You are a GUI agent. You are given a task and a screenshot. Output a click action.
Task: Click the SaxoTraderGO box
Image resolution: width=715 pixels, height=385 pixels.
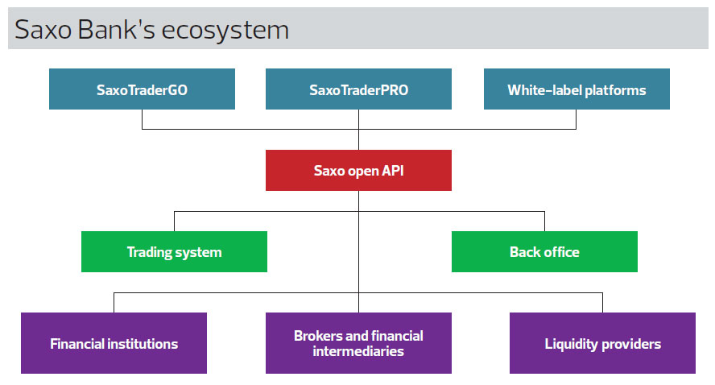pos(142,89)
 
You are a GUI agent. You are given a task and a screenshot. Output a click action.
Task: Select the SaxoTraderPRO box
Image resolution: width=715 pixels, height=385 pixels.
pos(358,89)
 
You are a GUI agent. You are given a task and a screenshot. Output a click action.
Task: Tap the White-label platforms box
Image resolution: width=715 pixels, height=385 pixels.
pos(577,89)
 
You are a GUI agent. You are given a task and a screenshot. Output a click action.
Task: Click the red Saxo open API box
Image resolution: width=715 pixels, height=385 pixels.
pos(358,170)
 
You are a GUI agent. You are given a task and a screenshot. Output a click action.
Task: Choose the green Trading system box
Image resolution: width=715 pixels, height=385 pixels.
pos(174,252)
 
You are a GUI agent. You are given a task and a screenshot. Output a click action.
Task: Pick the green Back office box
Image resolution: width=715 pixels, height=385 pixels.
pos(544,252)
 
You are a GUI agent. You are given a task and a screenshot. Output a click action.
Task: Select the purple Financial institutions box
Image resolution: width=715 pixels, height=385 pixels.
pos(114,343)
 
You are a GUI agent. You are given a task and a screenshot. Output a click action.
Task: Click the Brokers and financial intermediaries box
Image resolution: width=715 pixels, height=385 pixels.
pos(358,343)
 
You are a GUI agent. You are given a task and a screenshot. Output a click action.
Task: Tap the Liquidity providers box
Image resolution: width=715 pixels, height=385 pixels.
pos(602,343)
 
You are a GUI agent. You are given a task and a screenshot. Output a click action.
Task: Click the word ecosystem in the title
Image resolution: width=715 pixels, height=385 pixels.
pos(225,31)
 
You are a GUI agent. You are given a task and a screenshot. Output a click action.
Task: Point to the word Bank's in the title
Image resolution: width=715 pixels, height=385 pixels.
pos(117,29)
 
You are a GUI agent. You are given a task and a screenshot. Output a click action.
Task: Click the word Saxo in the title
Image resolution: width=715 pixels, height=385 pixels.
pos(43,30)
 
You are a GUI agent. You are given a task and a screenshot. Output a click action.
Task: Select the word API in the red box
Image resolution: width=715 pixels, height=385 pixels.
pos(393,171)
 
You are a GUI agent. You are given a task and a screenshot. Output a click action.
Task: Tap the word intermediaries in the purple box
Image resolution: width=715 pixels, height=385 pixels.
pos(358,351)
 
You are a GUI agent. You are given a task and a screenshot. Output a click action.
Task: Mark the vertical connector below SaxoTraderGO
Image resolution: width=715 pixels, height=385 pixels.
pos(143,119)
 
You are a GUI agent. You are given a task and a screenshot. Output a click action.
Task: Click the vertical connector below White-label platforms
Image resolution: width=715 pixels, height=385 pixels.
pos(576,119)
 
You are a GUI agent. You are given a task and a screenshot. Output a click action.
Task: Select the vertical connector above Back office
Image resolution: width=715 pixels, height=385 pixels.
pos(544,221)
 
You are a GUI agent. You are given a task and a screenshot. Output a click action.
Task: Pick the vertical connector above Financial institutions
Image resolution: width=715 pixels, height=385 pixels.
pos(114,302)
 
